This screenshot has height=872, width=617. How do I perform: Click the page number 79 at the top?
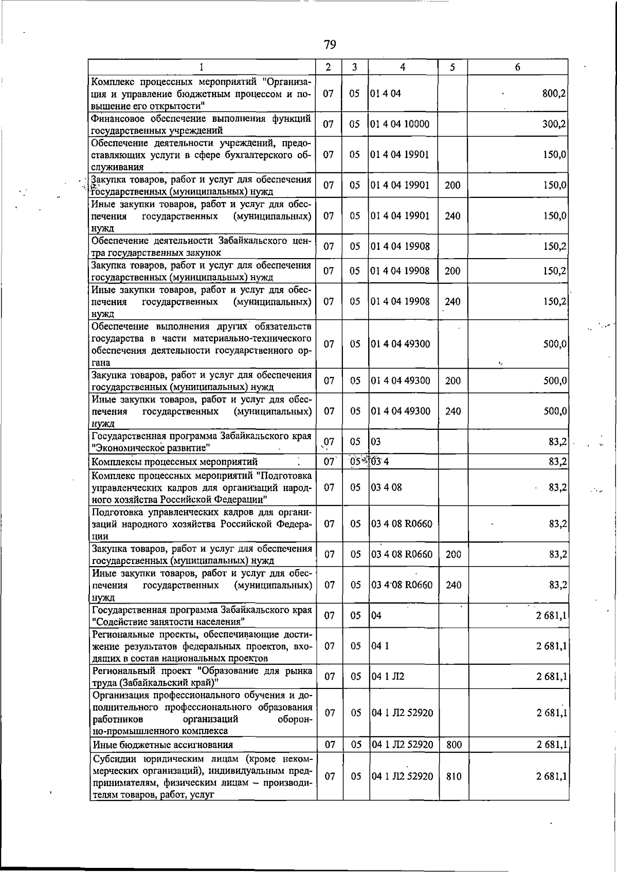click(x=330, y=45)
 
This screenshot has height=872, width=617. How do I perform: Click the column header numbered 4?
click(x=403, y=67)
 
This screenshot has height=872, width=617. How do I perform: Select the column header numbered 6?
click(x=517, y=67)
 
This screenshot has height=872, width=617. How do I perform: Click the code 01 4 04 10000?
click(x=400, y=124)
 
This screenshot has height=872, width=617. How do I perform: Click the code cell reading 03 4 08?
click(x=386, y=487)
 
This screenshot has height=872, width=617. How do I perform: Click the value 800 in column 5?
click(x=453, y=744)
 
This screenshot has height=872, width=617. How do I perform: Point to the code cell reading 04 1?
click(x=380, y=646)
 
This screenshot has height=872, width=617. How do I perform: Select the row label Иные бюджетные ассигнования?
click(x=162, y=744)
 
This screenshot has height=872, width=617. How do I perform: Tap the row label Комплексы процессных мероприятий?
click(x=174, y=461)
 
